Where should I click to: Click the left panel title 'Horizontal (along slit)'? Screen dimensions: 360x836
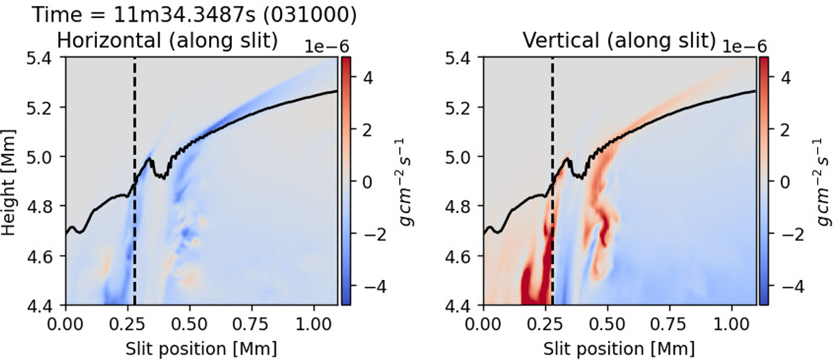point(167,41)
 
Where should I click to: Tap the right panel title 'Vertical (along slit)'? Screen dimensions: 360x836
point(619,41)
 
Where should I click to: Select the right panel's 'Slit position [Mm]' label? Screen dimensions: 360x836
point(619,345)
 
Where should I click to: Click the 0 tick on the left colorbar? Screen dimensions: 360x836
point(361,181)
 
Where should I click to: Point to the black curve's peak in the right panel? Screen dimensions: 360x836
point(568,159)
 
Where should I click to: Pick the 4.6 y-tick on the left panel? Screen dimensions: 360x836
point(46,256)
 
